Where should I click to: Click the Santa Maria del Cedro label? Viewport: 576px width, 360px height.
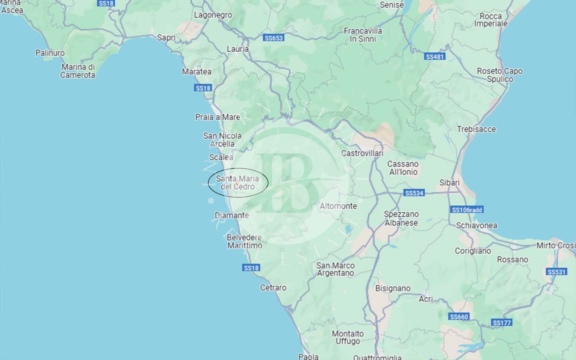238,183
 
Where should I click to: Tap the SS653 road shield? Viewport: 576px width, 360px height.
274,38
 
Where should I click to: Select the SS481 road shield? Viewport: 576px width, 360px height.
435,57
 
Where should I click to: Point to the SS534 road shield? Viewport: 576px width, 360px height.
414,193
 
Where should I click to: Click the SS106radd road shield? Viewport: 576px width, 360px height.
467,210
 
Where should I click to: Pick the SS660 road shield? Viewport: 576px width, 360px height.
459,317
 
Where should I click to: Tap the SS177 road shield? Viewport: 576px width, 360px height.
502,322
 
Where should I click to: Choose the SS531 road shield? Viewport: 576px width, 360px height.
556,272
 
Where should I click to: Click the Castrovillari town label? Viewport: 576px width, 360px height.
362,153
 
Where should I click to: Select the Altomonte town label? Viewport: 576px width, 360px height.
338,206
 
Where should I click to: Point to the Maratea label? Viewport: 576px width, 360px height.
197,72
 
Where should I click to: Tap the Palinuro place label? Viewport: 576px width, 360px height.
50,53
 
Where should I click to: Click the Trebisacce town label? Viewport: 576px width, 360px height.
476,129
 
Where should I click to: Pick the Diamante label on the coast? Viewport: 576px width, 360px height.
232,215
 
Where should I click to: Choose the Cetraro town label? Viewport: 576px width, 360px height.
273,288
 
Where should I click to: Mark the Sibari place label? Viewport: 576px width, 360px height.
450,182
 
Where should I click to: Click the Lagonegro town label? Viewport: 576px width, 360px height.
213,15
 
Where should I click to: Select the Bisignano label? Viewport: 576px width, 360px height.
393,288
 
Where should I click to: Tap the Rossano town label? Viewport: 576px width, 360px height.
512,260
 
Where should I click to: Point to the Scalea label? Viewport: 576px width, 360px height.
221,157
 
